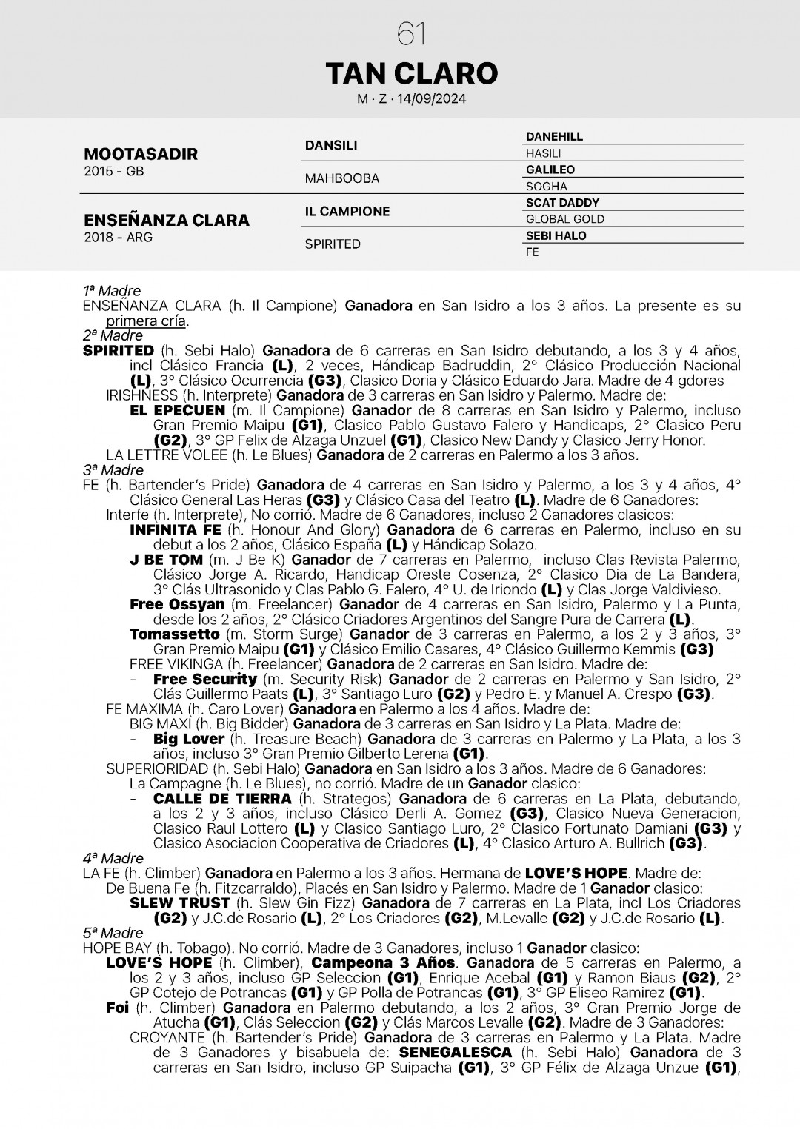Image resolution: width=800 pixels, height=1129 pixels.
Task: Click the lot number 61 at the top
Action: click(411, 33)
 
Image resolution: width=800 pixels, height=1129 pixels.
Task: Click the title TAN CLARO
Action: click(411, 73)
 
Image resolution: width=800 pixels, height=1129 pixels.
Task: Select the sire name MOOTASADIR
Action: click(141, 154)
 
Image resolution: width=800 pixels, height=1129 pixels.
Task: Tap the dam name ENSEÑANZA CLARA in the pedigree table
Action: click(167, 220)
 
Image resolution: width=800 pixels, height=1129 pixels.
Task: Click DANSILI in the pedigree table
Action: click(331, 145)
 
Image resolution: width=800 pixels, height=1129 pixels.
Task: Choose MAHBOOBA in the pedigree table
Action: click(342, 178)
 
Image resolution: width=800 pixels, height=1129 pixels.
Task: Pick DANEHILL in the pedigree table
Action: click(554, 137)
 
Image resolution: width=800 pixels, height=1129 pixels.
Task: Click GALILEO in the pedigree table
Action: click(550, 170)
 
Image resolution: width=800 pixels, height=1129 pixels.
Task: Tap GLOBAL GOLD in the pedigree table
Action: click(565, 219)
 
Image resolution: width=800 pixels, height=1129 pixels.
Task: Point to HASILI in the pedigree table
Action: click(543, 153)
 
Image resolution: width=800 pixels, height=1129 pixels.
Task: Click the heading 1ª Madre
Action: click(112, 291)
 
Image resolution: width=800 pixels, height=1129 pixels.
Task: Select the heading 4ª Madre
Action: click(113, 858)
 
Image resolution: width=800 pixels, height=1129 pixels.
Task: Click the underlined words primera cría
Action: click(147, 321)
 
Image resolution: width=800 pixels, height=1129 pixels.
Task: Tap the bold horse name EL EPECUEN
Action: click(177, 410)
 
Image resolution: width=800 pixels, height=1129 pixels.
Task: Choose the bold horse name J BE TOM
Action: click(166, 560)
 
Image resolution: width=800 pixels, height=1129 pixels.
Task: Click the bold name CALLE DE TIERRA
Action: click(222, 799)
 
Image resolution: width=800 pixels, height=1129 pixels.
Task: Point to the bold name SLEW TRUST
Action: click(180, 903)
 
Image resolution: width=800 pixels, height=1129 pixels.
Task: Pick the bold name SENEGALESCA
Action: click(455, 1053)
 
